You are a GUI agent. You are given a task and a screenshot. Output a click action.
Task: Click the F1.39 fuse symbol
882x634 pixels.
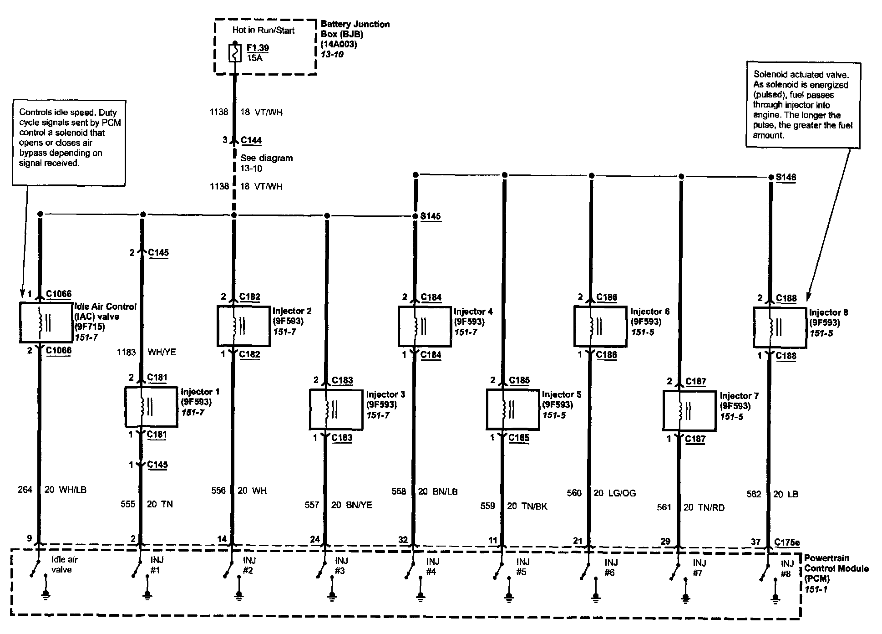pyautogui.click(x=235, y=53)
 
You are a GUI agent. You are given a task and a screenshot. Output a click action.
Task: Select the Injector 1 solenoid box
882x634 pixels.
pyautogui.click(x=151, y=407)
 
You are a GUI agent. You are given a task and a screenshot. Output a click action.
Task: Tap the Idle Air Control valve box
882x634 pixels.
pyautogui.click(x=46, y=322)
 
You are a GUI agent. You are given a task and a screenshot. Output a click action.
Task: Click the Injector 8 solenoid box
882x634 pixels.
pyautogui.click(x=780, y=327)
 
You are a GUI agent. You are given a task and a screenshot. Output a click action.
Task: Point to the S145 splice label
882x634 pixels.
pyautogui.click(x=430, y=216)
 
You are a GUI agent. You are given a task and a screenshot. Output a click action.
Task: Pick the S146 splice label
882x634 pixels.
pyautogui.click(x=786, y=177)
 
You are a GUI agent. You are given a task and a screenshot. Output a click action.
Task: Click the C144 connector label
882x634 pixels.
pyautogui.click(x=251, y=140)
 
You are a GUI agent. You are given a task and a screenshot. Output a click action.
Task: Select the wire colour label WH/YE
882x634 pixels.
pyautogui.click(x=162, y=352)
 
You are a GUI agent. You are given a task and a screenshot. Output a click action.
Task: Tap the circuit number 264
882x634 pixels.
pyautogui.click(x=25, y=490)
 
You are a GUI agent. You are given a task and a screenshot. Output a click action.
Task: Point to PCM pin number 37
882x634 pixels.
pyautogui.click(x=755, y=542)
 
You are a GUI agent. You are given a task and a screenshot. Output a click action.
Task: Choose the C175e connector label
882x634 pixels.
pyautogui.click(x=787, y=542)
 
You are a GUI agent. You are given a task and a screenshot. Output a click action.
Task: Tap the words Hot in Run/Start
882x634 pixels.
pyautogui.click(x=264, y=31)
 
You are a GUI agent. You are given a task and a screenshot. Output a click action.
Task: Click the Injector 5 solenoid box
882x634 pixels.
pyautogui.click(x=513, y=409)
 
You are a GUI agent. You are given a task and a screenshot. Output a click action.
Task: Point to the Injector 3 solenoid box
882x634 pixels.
pyautogui.click(x=336, y=409)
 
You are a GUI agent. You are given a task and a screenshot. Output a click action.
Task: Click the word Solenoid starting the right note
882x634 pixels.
pyautogui.click(x=769, y=74)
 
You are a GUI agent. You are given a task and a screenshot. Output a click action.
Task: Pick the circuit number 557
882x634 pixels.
pyautogui.click(x=312, y=505)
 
